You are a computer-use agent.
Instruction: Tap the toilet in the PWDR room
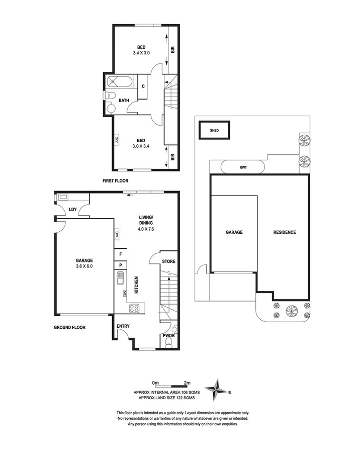click(169, 343)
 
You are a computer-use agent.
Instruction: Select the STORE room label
click(168, 261)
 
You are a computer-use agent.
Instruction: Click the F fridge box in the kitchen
click(121, 254)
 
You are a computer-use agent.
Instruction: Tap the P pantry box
click(121, 264)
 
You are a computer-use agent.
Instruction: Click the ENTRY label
click(123, 326)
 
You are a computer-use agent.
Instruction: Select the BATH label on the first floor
click(124, 101)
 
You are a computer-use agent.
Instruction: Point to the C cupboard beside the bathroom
click(143, 86)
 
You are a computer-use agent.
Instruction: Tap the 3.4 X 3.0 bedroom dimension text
click(142, 53)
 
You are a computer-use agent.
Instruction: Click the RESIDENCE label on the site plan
click(284, 232)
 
